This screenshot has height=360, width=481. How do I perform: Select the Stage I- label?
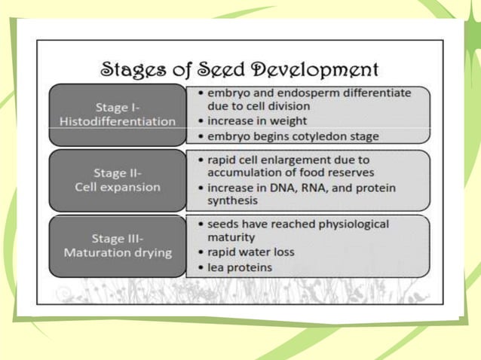tap(118, 106)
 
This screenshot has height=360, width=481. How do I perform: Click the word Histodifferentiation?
tap(118, 121)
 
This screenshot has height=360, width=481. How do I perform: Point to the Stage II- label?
tap(118, 172)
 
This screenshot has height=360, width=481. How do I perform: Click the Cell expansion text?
tap(118, 187)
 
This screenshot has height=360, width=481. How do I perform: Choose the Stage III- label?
tap(118, 237)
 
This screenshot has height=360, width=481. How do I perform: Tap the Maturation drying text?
tap(118, 252)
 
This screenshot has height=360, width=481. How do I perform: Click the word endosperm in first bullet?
tap(315, 93)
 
